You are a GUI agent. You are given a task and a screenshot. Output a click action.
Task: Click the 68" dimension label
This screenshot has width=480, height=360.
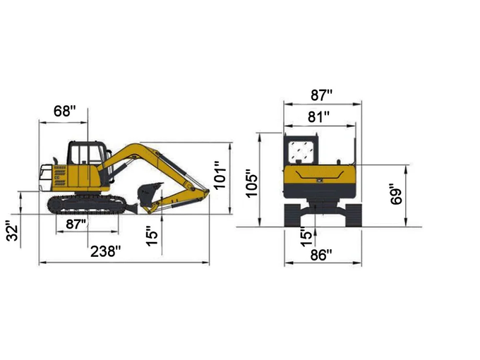64,111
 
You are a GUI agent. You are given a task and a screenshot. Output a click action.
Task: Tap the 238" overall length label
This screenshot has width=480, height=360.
105,252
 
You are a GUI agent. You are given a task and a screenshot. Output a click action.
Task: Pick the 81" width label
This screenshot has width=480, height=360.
318,117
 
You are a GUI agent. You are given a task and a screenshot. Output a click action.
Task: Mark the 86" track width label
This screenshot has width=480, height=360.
321,256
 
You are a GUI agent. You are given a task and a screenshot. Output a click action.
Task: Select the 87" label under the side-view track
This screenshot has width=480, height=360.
76,224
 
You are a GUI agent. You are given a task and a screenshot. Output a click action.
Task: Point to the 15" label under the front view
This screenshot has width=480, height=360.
306,234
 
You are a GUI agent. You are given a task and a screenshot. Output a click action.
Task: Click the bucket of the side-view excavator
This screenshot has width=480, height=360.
149,194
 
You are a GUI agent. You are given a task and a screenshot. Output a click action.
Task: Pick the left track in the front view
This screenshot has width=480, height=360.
293,213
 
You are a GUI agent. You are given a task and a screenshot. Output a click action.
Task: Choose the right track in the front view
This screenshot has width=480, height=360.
352,213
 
